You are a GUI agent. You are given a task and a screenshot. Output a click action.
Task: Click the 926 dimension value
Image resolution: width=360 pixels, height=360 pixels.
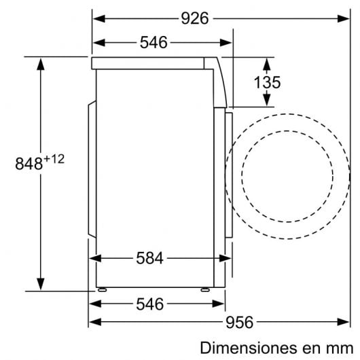point(196,18)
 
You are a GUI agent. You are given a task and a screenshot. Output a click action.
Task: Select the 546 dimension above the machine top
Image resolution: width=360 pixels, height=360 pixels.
point(154,43)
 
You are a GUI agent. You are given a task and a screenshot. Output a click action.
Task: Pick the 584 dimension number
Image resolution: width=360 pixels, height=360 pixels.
point(149,259)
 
